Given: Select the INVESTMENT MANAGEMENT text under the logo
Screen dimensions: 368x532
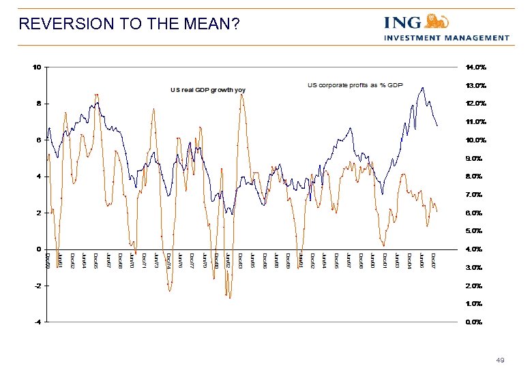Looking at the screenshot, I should click(x=447, y=37).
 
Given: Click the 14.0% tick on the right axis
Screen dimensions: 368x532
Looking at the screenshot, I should click(x=475, y=67).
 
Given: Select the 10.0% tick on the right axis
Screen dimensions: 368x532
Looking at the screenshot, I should click(x=475, y=140).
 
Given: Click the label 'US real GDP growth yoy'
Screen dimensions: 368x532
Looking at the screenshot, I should click(x=207, y=90).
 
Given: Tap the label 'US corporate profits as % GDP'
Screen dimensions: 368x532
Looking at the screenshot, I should click(x=355, y=85).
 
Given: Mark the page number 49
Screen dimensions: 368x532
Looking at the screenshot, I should click(x=501, y=360).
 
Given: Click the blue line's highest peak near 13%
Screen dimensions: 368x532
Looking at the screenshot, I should click(x=424, y=87).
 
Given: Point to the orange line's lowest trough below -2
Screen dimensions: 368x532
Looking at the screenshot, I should click(x=230, y=298).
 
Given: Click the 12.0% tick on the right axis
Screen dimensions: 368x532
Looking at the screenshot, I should click(x=475, y=104).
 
